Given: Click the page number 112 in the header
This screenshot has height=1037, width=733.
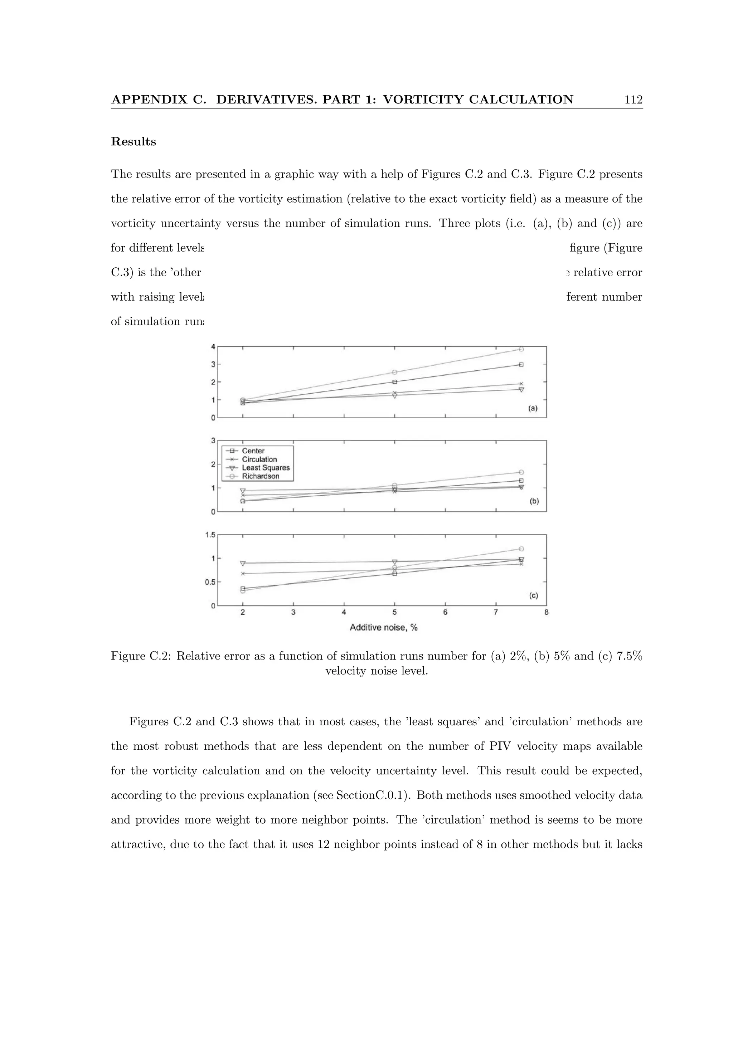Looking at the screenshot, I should pos(633,100).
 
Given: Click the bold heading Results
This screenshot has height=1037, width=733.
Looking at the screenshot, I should pos(133,142).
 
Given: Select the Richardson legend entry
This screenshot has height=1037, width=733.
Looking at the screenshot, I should pos(260,476).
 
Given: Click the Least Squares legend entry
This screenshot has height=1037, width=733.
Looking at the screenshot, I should pos(265,468).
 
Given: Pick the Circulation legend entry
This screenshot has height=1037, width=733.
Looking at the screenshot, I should pos(259,459).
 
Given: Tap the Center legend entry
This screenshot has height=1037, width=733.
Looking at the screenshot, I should pos(253,451).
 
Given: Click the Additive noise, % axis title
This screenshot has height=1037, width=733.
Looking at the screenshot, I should pos(383,627).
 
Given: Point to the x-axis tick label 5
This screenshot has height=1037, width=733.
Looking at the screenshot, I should pos(394,613).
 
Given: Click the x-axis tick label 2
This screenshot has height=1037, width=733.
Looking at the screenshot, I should pos(243,613).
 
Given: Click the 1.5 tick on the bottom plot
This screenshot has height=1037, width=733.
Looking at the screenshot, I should pos(210,535).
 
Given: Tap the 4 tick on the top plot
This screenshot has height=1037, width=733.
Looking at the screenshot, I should pos(213,346).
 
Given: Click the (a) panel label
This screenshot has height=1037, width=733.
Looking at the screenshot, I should pos(533,408).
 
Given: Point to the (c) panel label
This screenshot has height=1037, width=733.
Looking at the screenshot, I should pos(533,596).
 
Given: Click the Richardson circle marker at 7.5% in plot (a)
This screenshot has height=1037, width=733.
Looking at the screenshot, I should pos(521,349).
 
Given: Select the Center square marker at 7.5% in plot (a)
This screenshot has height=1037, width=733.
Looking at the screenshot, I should pos(521,365).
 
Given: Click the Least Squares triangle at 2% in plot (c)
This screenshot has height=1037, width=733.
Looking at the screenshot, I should pos(243,563).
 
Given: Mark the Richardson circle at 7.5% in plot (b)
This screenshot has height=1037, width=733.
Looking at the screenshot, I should pos(521,472).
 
